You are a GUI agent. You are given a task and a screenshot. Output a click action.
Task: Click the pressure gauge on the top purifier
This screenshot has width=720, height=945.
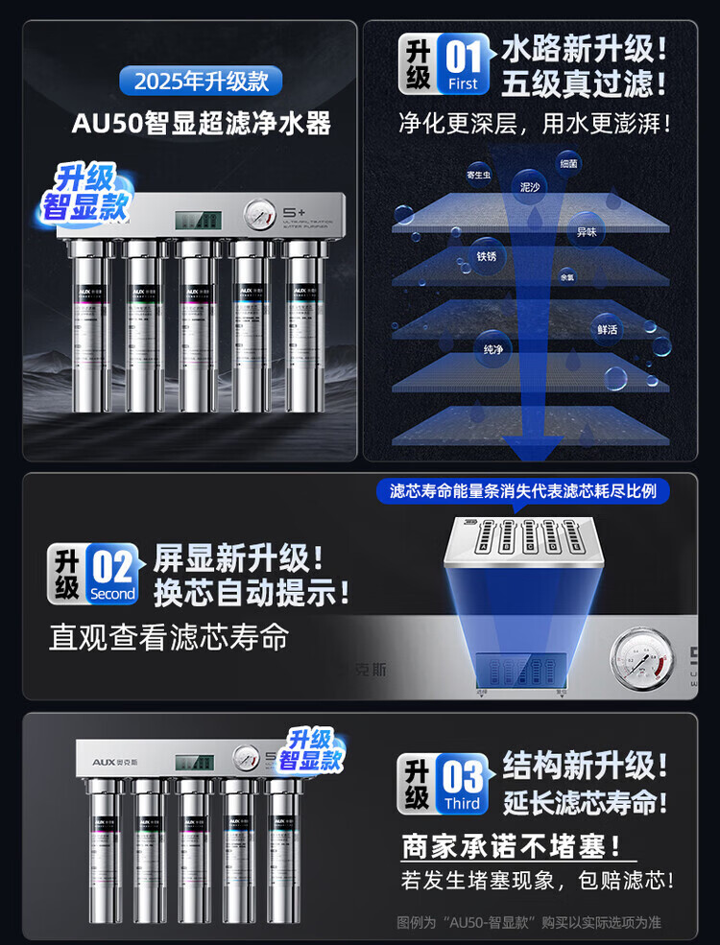(257, 212)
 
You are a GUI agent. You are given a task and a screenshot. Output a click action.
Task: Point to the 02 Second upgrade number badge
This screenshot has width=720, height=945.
(112, 575)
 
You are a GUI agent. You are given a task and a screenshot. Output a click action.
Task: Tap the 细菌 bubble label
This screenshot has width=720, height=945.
(568, 163)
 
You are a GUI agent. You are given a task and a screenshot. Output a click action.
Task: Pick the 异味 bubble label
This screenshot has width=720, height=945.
(587, 231)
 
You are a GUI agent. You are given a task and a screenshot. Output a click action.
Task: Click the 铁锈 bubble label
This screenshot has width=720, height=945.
(486, 256)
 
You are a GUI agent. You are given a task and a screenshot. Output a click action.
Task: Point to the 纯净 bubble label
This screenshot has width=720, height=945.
(493, 349)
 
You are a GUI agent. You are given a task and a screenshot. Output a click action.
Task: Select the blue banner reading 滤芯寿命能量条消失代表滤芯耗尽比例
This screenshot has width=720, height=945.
(522, 490)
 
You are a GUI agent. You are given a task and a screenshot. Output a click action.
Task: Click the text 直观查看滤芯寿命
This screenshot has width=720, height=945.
(169, 638)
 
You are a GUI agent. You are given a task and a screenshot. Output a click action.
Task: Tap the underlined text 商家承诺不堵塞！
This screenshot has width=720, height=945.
(518, 847)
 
